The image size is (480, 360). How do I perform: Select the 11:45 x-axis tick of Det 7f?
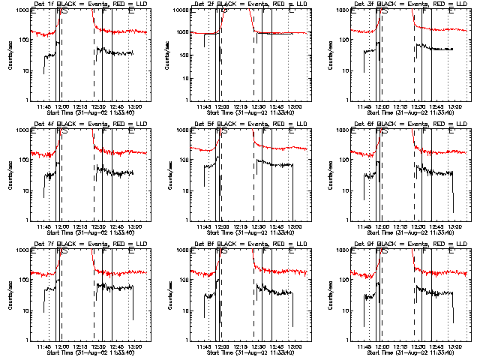coord(43,346)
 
